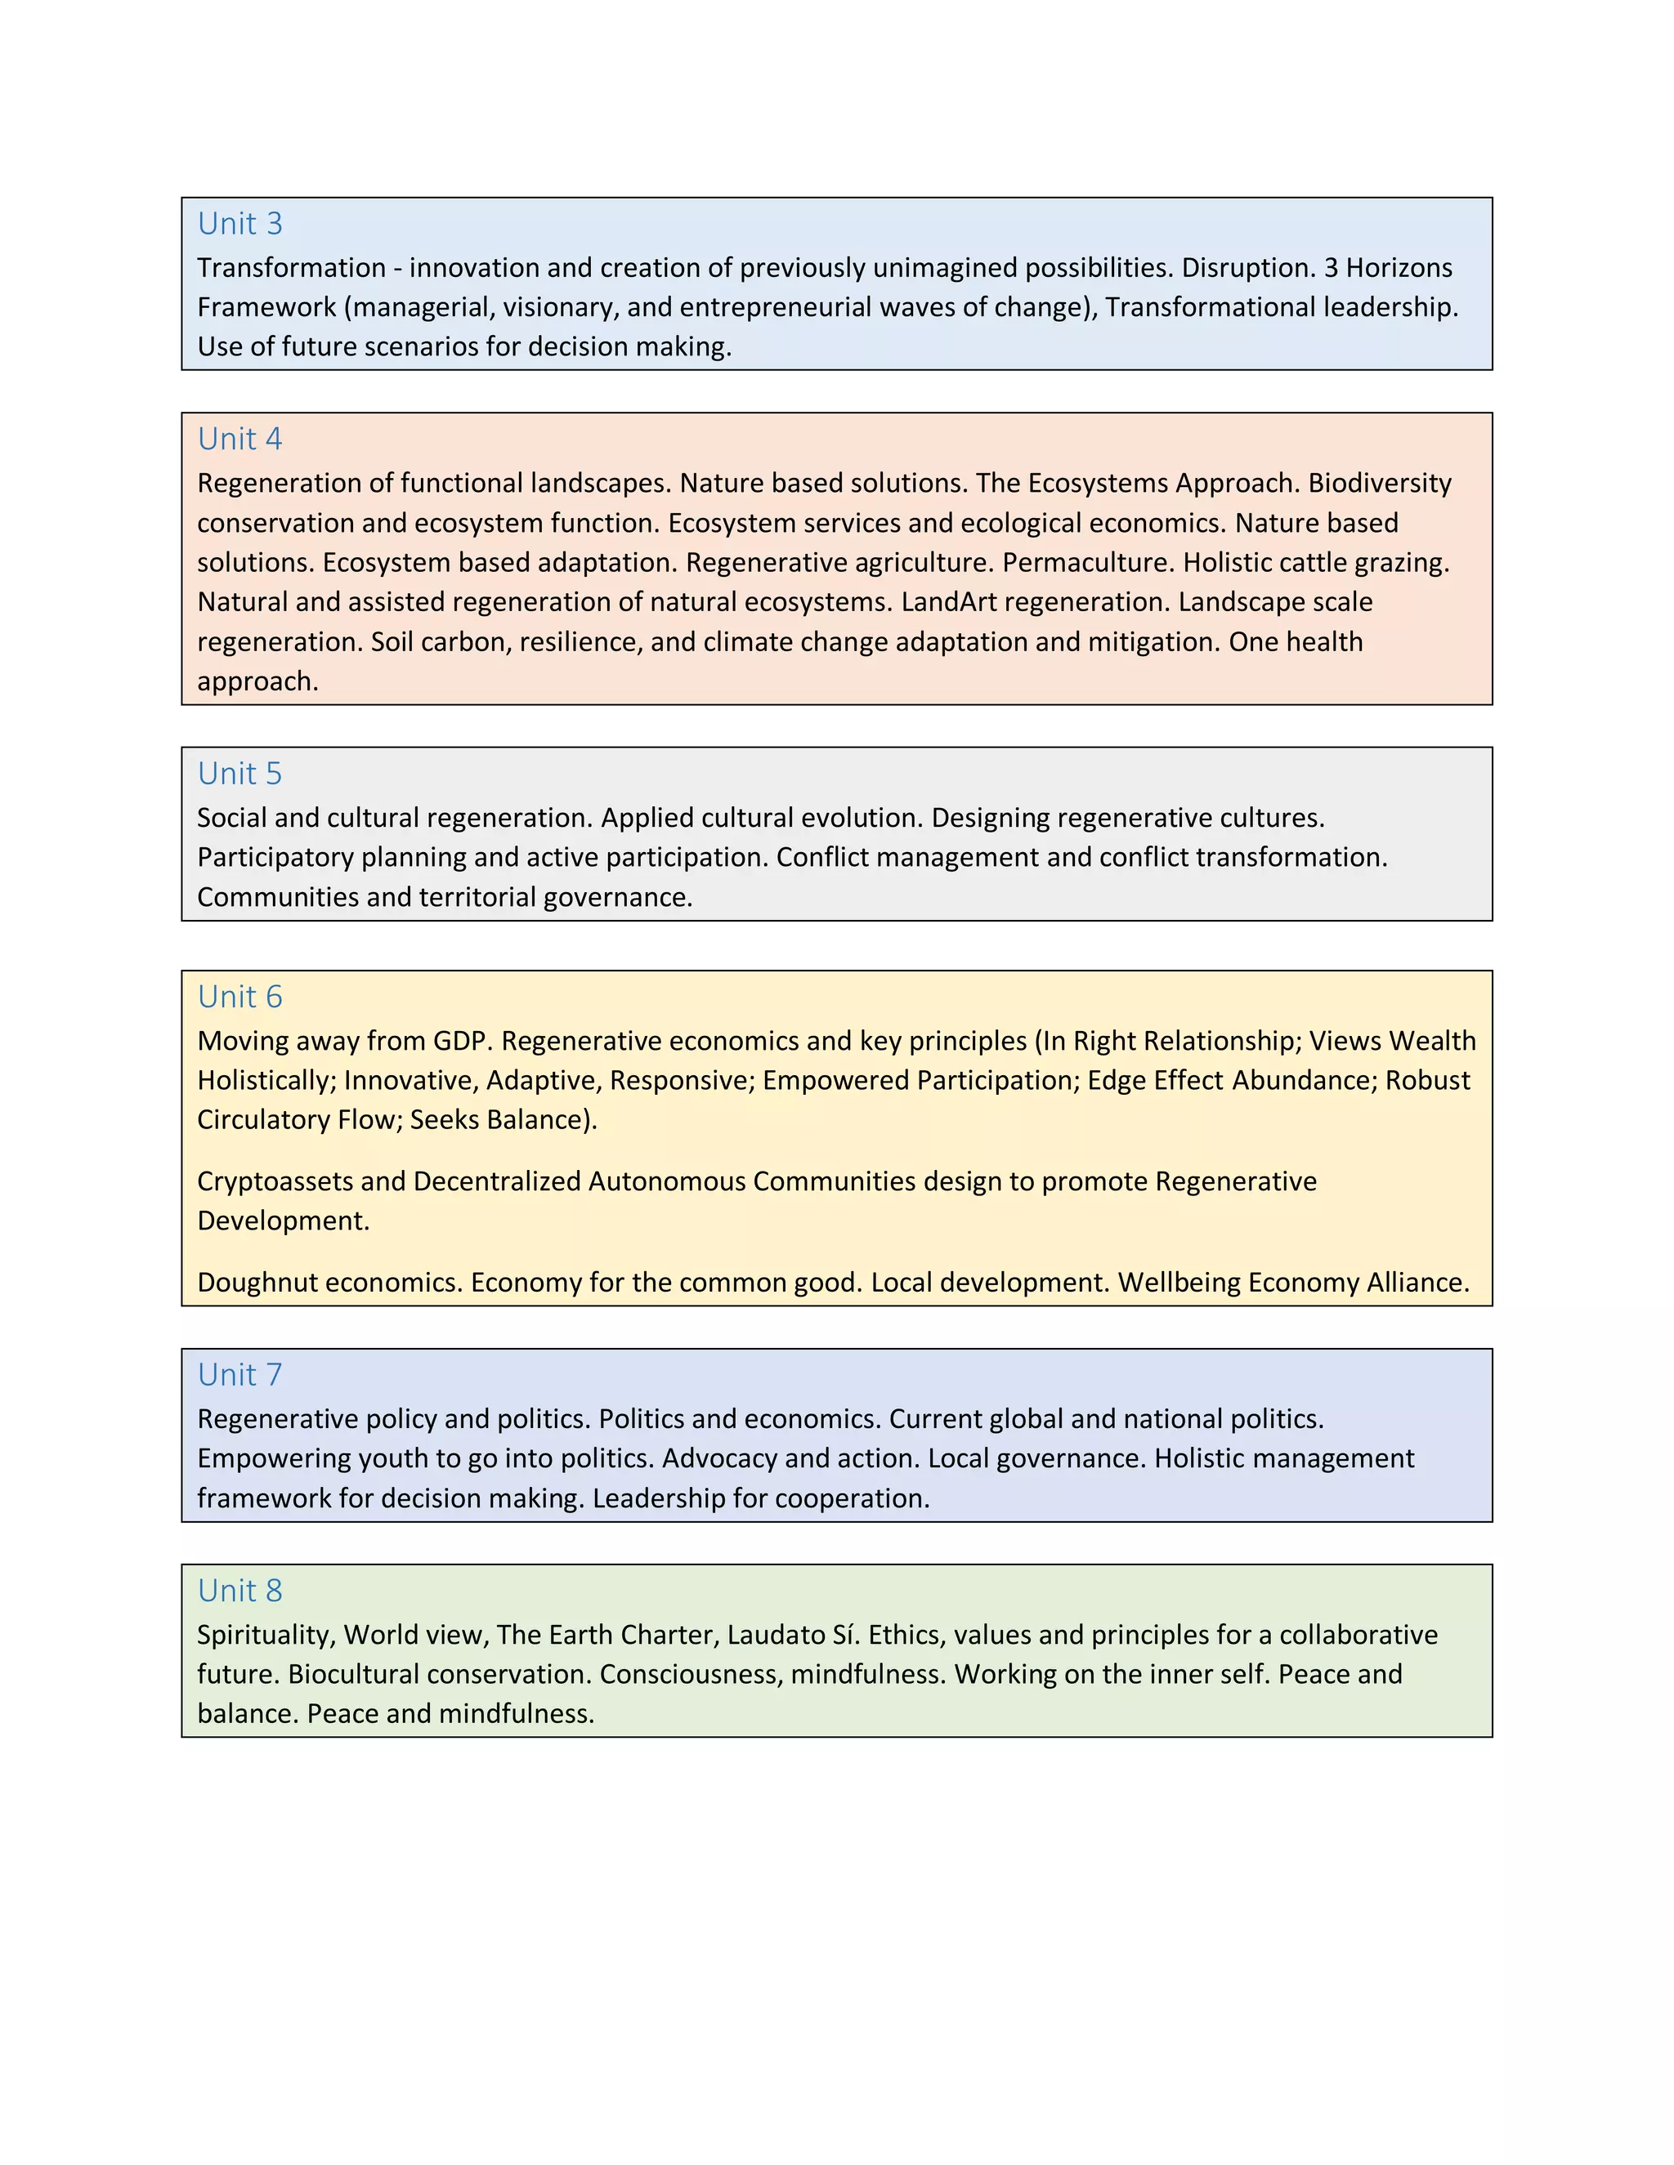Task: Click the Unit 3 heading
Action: click(240, 224)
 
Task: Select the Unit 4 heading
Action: click(240, 440)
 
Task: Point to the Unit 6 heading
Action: click(240, 998)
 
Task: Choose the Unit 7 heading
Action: click(240, 1375)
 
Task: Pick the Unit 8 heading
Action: click(240, 1590)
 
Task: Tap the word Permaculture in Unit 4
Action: click(1088, 563)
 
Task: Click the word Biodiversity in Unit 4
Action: click(1380, 484)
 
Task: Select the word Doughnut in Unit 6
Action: click(257, 1283)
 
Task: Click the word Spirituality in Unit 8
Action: click(265, 1635)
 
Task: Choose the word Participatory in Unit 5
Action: click(275, 858)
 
